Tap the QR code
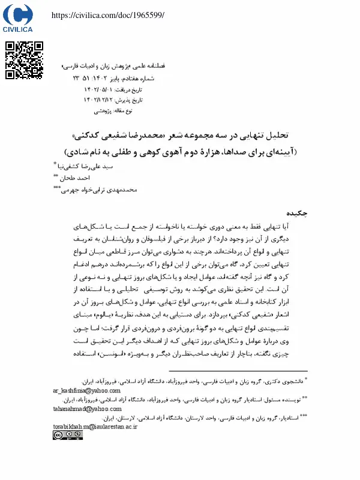click(24, 60)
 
